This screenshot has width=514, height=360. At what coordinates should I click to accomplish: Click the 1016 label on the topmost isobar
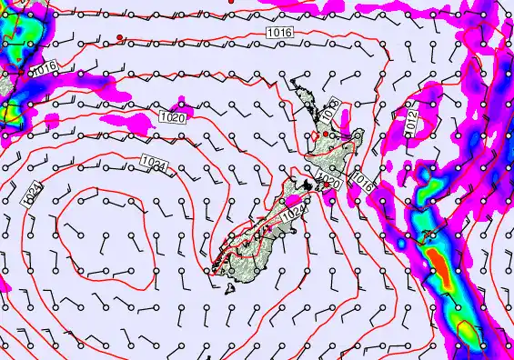tap(280, 33)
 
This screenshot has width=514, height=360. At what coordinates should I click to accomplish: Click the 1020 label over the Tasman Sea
tap(172, 117)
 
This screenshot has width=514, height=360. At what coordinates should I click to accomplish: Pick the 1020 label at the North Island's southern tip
tap(329, 184)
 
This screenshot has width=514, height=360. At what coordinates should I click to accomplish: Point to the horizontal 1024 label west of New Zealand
tap(156, 164)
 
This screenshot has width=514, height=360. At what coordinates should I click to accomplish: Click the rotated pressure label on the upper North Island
tap(330, 111)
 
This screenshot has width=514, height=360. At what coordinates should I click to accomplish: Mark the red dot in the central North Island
tap(325, 135)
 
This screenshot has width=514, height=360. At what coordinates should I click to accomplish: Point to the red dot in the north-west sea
tap(119, 37)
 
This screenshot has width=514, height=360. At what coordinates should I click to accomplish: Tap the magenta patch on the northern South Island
tap(293, 199)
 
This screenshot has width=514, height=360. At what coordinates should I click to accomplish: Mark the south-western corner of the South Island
tap(213, 266)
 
